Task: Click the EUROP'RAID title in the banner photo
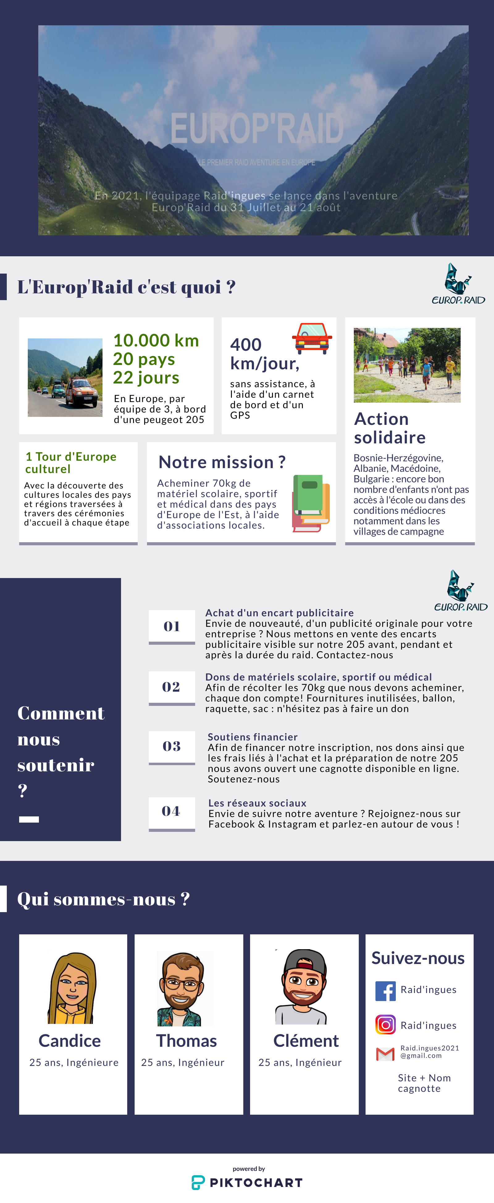(x=257, y=128)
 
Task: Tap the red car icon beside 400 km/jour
(x=312, y=338)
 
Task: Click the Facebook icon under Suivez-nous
(x=385, y=991)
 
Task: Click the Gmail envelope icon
(x=385, y=1054)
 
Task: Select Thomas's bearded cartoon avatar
(x=185, y=989)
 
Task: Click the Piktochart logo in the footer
(x=247, y=1182)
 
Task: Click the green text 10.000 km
(x=156, y=341)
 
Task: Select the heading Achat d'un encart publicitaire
(x=279, y=613)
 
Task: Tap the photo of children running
(x=407, y=365)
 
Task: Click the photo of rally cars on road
(x=65, y=377)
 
